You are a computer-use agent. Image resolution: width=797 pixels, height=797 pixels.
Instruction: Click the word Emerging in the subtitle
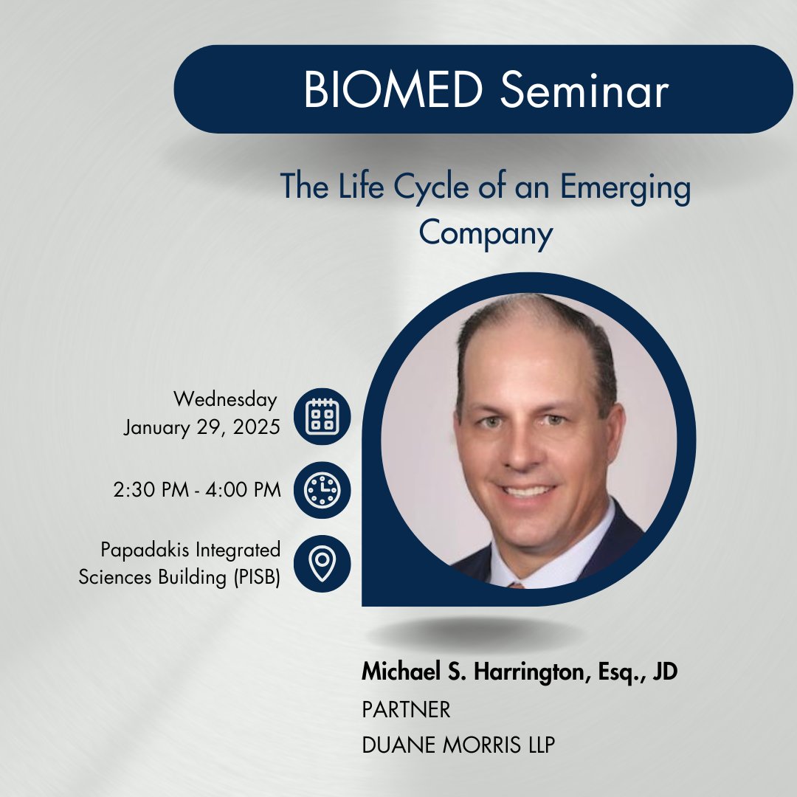(626, 187)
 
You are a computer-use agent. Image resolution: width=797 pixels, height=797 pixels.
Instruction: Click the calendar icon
(322, 416)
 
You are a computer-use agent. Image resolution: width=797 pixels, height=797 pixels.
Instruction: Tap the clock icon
(322, 490)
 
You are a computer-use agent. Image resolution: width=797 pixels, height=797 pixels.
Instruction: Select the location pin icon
(322, 564)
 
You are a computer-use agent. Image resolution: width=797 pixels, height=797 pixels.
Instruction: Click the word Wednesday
(225, 399)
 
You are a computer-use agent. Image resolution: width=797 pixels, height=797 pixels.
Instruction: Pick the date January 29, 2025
(201, 427)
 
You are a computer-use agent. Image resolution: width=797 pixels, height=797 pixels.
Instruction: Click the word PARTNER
(406, 710)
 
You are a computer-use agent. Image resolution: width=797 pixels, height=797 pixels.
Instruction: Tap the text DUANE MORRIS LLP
(458, 745)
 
